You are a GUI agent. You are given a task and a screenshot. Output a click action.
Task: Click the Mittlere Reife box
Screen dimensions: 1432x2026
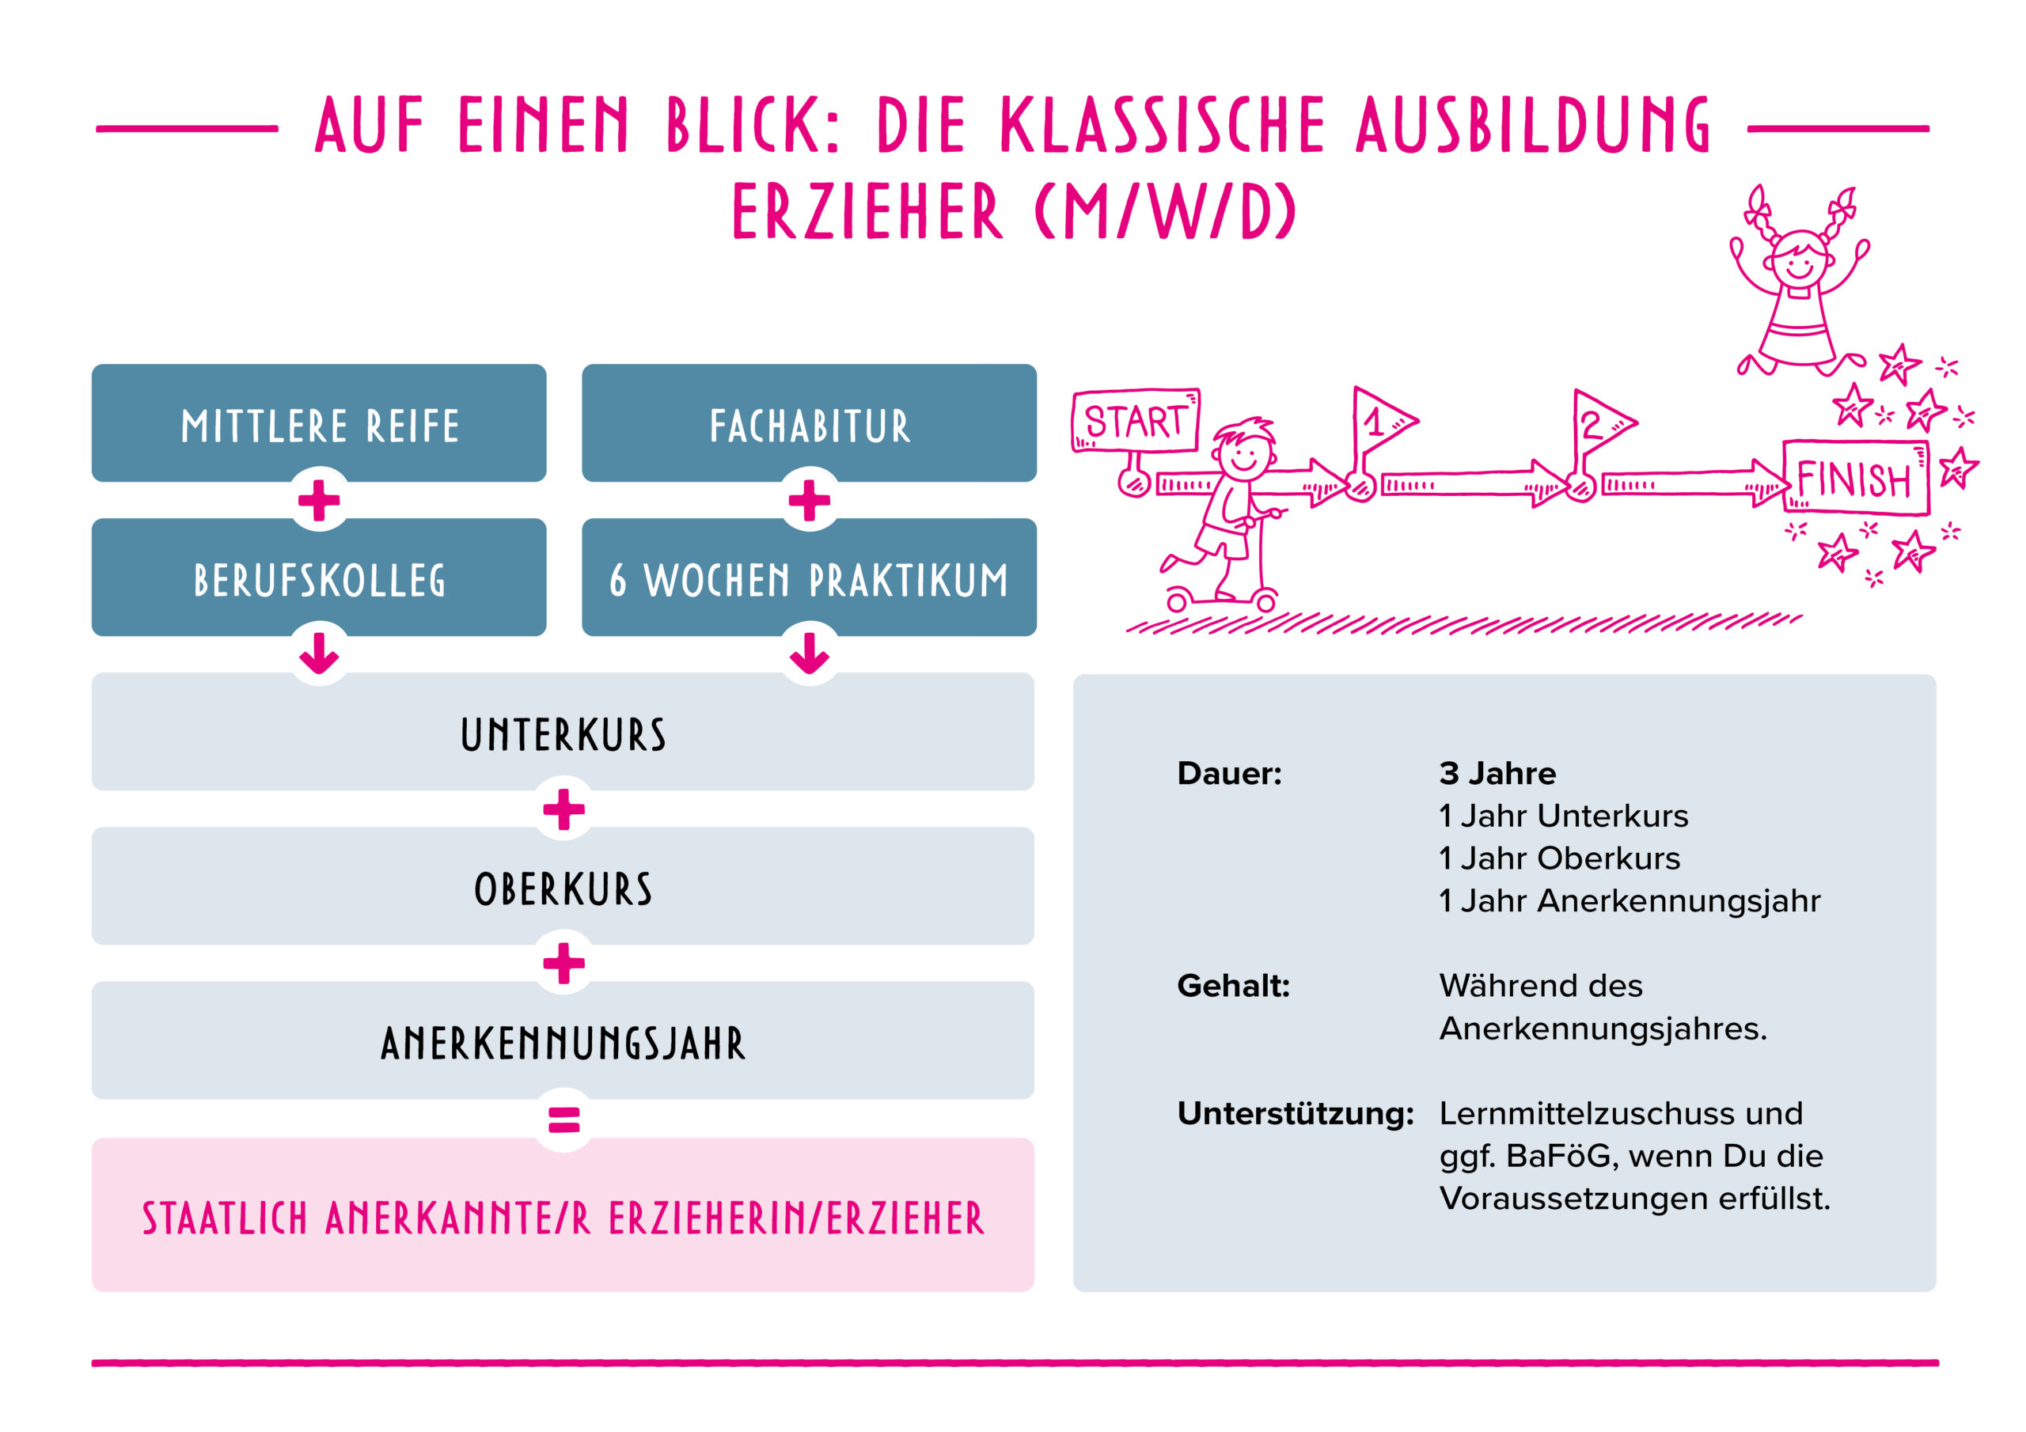(319, 423)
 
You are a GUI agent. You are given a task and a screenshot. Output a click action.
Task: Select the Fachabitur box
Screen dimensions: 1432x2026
(808, 423)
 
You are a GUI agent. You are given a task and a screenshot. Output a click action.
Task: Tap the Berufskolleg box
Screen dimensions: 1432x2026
(319, 578)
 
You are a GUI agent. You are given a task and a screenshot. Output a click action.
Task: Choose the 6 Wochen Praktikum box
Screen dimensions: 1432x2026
(808, 578)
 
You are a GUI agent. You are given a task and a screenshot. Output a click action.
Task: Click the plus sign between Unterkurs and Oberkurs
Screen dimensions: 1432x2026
(563, 809)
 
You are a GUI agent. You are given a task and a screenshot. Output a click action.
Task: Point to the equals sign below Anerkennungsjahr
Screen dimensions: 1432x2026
(563, 1119)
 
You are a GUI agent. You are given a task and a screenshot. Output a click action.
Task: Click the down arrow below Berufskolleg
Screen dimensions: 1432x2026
(319, 653)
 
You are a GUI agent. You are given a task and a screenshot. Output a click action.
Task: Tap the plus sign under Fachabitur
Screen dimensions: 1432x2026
(808, 500)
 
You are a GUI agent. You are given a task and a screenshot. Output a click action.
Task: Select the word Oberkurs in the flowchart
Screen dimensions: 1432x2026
(563, 888)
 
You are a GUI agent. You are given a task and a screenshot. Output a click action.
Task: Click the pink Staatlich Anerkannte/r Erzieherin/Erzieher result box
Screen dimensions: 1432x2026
(563, 1216)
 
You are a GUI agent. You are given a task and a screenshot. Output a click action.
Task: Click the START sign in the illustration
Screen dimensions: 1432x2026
(1135, 421)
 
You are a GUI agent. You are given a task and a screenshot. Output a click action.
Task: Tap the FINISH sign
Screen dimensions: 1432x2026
(1855, 479)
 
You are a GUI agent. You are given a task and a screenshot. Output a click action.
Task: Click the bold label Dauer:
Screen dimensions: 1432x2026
(1229, 773)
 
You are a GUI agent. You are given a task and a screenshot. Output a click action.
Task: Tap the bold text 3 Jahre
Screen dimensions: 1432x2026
(1497, 773)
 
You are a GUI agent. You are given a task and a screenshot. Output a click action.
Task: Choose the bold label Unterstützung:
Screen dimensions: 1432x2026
(1295, 1113)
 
